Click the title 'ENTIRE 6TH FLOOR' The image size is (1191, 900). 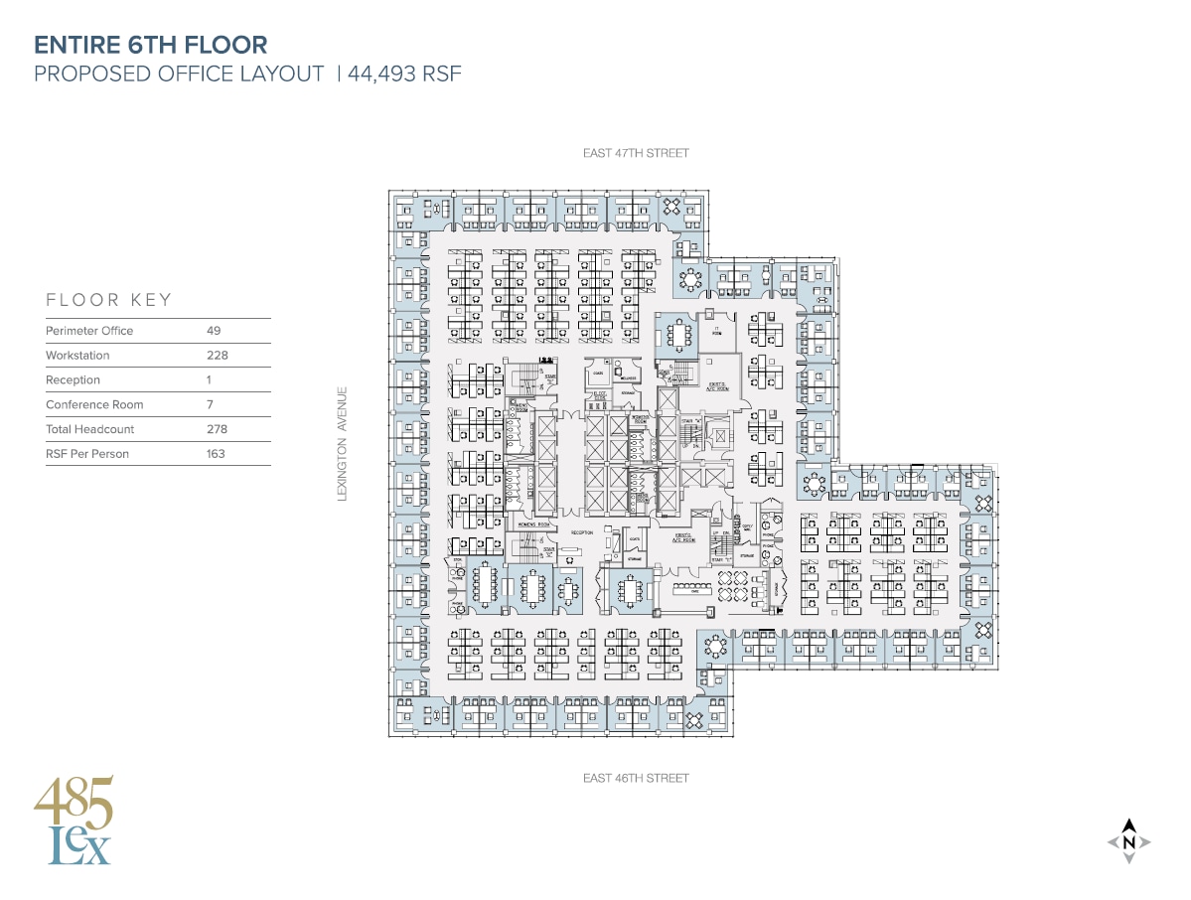point(150,45)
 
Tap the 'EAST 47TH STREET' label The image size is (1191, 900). point(636,153)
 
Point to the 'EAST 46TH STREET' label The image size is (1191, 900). point(636,778)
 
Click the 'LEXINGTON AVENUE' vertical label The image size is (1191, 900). point(343,443)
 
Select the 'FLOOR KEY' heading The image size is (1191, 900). point(109,300)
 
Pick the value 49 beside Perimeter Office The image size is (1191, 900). point(214,331)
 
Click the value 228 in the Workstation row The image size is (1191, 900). point(216,356)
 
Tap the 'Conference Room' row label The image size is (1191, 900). point(94,405)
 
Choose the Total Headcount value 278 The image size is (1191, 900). point(216,429)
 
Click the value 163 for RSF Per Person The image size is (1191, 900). point(216,454)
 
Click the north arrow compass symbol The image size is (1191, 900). point(1128,842)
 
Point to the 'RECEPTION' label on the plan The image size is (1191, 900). point(581,533)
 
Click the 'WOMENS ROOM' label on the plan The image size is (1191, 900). point(533,524)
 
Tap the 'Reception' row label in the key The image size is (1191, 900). point(73,380)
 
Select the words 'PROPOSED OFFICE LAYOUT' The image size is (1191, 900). point(180,74)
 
